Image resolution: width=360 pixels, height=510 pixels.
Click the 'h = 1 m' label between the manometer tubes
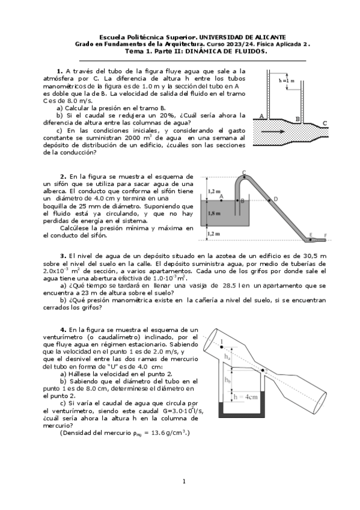point(287,81)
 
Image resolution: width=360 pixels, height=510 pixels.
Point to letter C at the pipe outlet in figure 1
point(325,123)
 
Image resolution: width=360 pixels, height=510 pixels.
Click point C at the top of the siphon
point(243,173)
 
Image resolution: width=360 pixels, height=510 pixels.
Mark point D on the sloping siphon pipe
point(276,198)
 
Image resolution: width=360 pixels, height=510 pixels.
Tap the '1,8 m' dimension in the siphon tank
point(213,213)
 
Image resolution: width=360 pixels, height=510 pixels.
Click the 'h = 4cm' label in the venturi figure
point(245,397)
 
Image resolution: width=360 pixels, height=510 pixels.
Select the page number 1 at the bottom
point(184,481)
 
